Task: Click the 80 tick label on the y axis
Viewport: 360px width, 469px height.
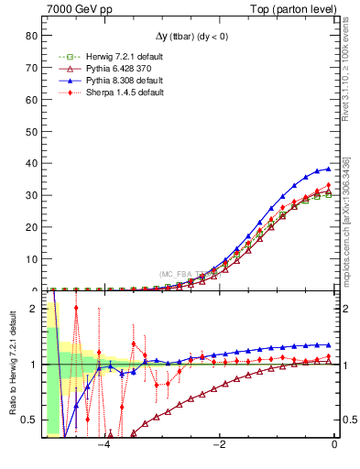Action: click(31, 36)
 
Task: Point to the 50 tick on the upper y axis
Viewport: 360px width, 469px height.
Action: click(31, 131)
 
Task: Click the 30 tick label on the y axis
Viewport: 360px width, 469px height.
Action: click(31, 195)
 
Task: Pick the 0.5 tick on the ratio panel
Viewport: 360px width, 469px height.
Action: click(28, 420)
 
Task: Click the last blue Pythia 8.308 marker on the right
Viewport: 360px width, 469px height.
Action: click(328, 169)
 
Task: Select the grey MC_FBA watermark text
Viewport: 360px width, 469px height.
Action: click(183, 273)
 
